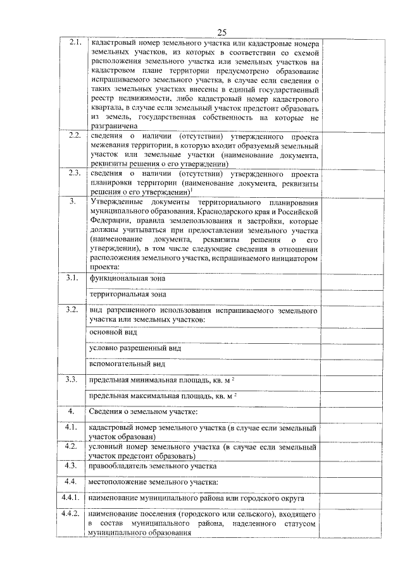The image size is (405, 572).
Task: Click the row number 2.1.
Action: pyautogui.click(x=75, y=42)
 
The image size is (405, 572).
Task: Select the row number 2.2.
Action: pyautogui.click(x=74, y=136)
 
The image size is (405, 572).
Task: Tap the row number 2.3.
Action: pyautogui.click(x=74, y=173)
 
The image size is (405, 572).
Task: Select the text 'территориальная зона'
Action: pyautogui.click(x=128, y=294)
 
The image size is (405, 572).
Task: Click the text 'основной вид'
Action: pyautogui.click(x=113, y=331)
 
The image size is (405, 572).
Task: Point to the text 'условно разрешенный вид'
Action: pyautogui.click(x=135, y=348)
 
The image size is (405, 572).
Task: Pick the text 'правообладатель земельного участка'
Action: pyautogui.click(x=153, y=466)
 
